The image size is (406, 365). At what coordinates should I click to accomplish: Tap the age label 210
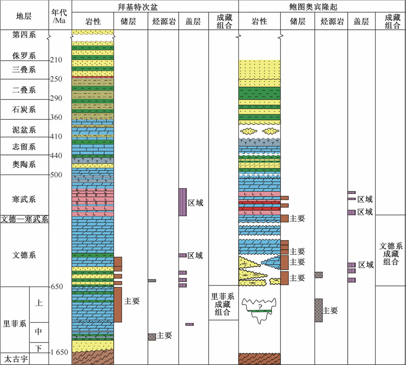(x=56, y=60)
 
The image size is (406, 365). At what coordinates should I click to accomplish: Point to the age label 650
(x=56, y=287)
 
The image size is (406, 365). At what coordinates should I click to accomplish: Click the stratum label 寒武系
(x=24, y=199)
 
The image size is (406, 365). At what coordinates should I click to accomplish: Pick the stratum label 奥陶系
(x=24, y=165)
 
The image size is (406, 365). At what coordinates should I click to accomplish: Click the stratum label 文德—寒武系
(x=24, y=219)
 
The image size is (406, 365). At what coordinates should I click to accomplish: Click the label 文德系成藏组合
(x=391, y=254)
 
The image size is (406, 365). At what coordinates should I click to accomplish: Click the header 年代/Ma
(x=60, y=15)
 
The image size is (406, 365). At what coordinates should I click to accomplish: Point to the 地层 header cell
(x=24, y=15)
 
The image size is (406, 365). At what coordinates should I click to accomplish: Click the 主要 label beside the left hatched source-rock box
(x=165, y=335)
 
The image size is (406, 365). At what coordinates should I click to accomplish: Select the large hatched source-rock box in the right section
(x=318, y=310)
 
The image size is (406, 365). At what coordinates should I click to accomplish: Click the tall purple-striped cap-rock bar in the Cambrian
(x=183, y=202)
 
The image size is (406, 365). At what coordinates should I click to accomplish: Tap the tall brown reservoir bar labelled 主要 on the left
(x=118, y=304)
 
